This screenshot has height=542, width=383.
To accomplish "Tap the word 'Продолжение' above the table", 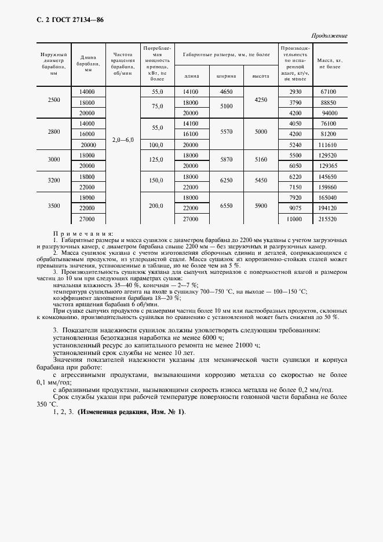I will click(328, 36).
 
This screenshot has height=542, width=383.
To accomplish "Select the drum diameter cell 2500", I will click(54, 100).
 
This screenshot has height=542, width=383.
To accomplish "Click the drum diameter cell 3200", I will click(54, 181).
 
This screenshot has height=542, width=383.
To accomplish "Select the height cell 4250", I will click(261, 100).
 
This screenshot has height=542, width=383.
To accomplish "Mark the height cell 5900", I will click(261, 206).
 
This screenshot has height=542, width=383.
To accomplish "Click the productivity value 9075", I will click(296, 207).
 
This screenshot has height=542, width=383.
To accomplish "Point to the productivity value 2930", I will click(296, 91).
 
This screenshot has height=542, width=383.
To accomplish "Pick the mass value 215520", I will click(329, 219).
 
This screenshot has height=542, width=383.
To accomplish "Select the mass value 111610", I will click(329, 144).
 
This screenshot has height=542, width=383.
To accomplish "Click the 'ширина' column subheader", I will click(226, 76).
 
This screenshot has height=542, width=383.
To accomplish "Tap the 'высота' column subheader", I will click(261, 76).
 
